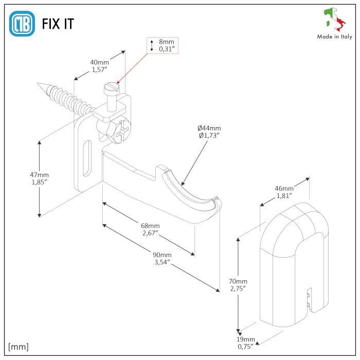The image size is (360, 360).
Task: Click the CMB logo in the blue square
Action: click(22, 24)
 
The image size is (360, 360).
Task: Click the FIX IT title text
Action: click(59, 24)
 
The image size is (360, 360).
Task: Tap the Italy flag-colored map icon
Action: click(334, 20)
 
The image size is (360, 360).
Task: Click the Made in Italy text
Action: click(334, 37)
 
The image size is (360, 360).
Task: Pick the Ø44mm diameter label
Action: click(209, 132)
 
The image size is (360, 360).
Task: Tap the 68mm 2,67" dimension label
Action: click(150, 229)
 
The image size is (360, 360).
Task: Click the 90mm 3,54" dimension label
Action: click(163, 258)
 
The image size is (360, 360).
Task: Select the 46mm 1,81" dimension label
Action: click(284, 192)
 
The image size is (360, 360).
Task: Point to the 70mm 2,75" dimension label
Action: click(238, 284)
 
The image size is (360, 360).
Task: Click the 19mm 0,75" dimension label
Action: click(246, 343)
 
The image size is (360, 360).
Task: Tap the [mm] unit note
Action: click(19, 346)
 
